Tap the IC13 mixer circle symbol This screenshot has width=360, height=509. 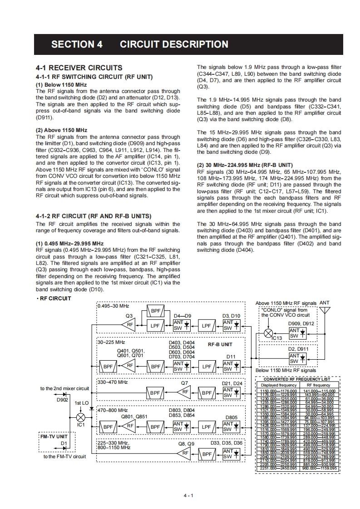tap(268, 333)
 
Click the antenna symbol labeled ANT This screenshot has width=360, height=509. tap(325, 310)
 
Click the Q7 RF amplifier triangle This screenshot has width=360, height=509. tap(185, 392)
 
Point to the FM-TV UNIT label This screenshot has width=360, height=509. tap(54, 436)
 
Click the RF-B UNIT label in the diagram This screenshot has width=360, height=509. tap(220, 345)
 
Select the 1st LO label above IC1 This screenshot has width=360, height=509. tap(81, 403)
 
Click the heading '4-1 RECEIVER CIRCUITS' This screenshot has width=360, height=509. tap(79, 68)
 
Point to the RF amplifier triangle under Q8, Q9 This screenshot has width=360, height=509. tap(185, 453)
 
